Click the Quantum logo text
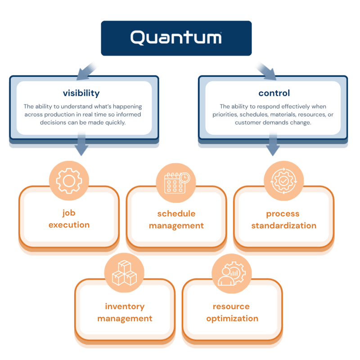[176, 38]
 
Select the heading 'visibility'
[81, 93]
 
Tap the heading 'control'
[274, 93]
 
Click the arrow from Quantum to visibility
[86, 71]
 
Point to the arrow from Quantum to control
[266, 71]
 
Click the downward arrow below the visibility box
[81, 144]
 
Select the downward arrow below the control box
[273, 144]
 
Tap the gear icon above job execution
[69, 181]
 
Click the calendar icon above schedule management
[177, 183]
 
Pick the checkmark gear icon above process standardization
[283, 181]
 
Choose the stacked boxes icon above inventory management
[124, 273]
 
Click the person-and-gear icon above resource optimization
[232, 274]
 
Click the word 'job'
[69, 213]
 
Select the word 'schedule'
[176, 213]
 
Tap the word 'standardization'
[283, 226]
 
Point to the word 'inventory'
[125, 307]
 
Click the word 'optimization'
[232, 319]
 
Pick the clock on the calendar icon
[184, 178]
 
